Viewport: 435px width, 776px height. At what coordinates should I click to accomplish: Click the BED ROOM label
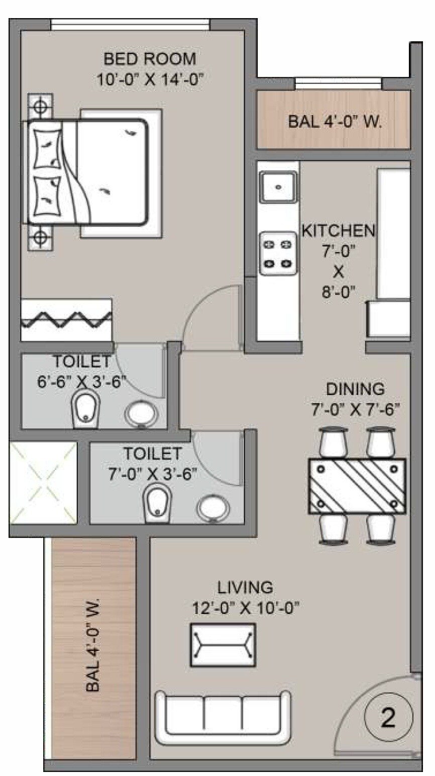(x=150, y=59)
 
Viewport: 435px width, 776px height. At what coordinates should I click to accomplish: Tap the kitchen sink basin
(x=278, y=187)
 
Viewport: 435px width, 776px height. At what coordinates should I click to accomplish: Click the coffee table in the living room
(x=223, y=645)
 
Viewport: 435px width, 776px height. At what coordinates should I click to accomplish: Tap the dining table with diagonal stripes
(x=357, y=485)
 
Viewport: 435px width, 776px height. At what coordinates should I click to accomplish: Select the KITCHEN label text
(x=338, y=231)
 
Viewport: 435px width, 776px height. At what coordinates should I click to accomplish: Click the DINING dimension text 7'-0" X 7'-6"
(x=355, y=410)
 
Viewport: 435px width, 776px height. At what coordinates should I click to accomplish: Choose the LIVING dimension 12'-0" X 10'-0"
(x=246, y=608)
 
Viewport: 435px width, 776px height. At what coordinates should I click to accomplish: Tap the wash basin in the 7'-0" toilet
(x=213, y=509)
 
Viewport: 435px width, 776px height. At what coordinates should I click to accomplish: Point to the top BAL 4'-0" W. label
(x=335, y=122)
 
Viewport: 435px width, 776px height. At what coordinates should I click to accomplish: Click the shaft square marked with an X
(x=43, y=482)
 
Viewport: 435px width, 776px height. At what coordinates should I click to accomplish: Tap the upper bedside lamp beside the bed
(x=40, y=106)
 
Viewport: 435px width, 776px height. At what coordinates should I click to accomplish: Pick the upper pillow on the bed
(x=48, y=149)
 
